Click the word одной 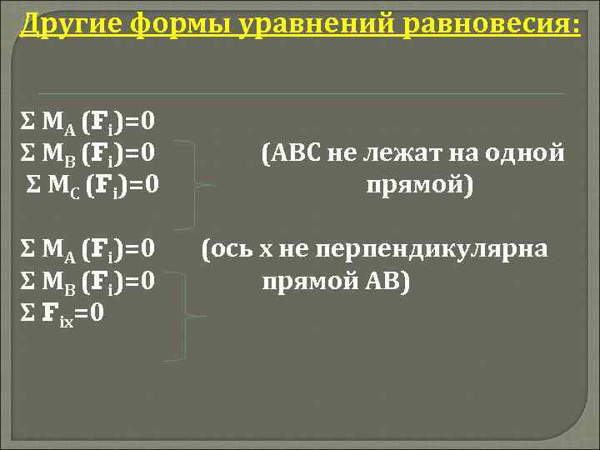[529, 153]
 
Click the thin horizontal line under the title [300, 92]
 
